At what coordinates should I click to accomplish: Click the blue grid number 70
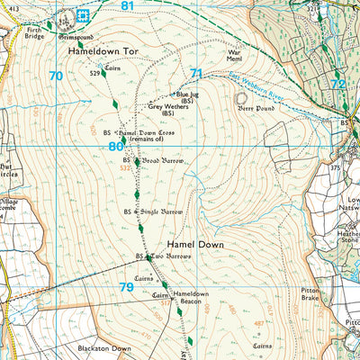56,76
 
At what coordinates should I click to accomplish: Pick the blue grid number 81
127,6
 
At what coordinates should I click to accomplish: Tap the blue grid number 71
196,73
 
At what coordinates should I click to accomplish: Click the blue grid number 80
114,146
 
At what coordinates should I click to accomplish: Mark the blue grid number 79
127,287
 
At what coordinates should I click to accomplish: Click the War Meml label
235,57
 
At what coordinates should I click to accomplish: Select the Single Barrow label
162,211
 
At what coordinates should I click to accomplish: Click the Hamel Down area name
192,244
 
